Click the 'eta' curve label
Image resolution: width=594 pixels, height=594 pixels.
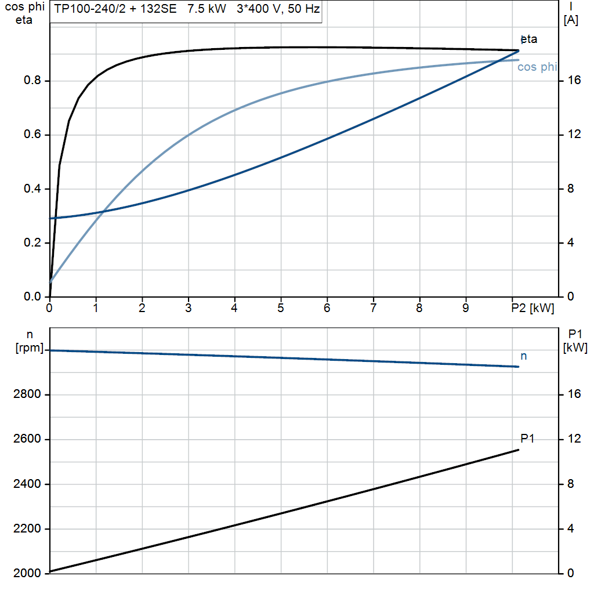[x=529, y=39]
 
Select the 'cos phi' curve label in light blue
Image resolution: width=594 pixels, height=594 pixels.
[x=537, y=67]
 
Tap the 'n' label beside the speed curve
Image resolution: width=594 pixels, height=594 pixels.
[x=524, y=356]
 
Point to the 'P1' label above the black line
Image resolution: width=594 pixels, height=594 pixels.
[x=527, y=439]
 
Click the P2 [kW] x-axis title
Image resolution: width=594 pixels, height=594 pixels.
[x=533, y=308]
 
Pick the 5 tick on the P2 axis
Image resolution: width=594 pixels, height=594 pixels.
[x=281, y=308]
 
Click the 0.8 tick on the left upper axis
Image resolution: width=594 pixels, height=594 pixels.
[x=32, y=81]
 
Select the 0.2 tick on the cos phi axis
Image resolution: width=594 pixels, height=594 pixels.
[x=32, y=243]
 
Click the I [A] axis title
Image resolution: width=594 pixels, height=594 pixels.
[x=571, y=14]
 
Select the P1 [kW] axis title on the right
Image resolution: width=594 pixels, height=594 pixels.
[x=575, y=341]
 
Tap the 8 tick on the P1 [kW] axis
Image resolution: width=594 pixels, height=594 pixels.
[x=570, y=484]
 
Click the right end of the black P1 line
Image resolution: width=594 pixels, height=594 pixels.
[x=518, y=450]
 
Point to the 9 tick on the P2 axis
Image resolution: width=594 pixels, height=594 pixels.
[x=466, y=308]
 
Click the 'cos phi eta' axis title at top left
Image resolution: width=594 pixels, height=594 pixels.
[x=23, y=14]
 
